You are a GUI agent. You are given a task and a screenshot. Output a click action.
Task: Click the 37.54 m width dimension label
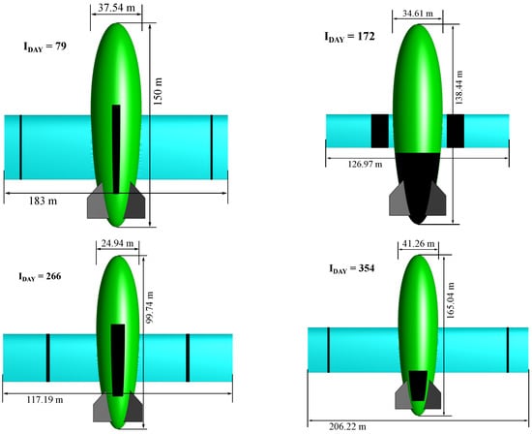pyautogui.click(x=116, y=8)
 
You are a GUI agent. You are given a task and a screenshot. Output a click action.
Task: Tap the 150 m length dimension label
pyautogui.click(x=158, y=91)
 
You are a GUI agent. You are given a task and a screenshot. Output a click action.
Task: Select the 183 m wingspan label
pyautogui.click(x=43, y=201)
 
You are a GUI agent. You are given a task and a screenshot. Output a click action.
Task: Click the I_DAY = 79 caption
pyautogui.click(x=44, y=46)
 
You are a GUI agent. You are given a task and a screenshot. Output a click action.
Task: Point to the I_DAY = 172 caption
pyautogui.click(x=350, y=37)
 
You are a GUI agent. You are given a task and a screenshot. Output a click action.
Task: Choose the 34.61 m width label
pyautogui.click(x=418, y=14)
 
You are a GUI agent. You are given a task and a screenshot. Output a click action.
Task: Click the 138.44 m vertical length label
pyautogui.click(x=458, y=87)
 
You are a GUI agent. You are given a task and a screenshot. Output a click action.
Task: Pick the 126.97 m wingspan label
pyautogui.click(x=365, y=165)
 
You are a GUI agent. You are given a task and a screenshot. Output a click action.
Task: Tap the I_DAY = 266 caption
pyautogui.click(x=40, y=277)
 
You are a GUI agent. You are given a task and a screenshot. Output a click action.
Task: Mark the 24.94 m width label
pyautogui.click(x=117, y=244)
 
